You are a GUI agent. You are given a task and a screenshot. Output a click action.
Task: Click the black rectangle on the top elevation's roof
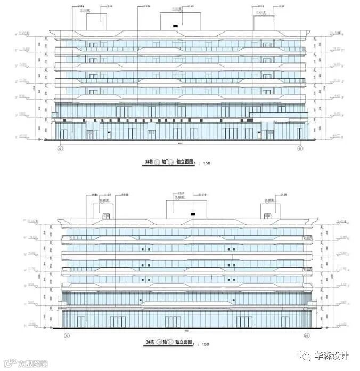click(x=174, y=25)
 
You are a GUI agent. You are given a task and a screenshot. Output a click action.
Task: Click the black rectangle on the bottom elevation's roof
click(x=192, y=214)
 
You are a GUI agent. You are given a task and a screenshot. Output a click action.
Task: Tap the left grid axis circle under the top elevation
click(x=60, y=149)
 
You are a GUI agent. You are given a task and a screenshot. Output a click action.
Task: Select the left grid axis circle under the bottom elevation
click(x=66, y=336)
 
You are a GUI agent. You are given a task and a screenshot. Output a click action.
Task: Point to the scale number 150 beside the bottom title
click(x=205, y=345)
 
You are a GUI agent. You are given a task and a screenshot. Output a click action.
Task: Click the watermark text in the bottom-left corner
click(x=24, y=365)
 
